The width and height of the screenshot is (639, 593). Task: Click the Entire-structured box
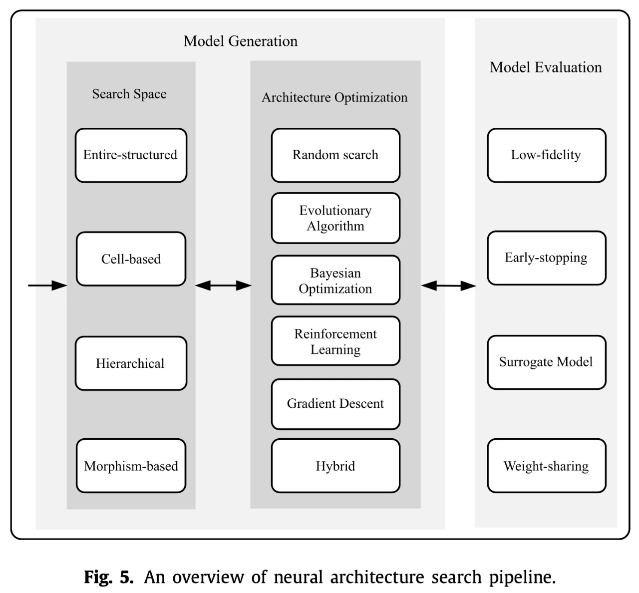click(x=131, y=155)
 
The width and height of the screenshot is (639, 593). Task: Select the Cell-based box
click(x=131, y=259)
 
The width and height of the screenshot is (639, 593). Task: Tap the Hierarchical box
click(x=131, y=363)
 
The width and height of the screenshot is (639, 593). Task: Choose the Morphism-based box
click(x=131, y=466)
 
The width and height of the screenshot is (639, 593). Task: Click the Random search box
click(x=335, y=155)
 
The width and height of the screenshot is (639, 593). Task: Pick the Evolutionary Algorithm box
click(x=335, y=218)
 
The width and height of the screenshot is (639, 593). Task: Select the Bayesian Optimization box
click(x=335, y=280)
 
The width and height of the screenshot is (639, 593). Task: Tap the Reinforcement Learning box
click(x=335, y=341)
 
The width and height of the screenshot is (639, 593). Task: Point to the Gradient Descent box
click(x=335, y=404)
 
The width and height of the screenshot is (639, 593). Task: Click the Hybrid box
click(x=335, y=466)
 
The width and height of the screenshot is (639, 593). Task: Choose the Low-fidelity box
click(x=547, y=155)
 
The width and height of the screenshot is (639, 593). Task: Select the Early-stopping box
click(x=547, y=258)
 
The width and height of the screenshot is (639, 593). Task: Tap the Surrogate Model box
click(x=547, y=362)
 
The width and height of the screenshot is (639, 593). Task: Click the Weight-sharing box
click(x=547, y=466)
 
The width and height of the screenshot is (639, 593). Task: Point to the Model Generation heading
click(x=241, y=41)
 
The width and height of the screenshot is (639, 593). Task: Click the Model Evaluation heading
click(x=546, y=67)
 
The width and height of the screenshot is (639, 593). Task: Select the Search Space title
click(x=129, y=94)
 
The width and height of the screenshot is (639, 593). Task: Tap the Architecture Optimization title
click(x=334, y=97)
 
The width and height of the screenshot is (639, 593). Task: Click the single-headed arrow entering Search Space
click(x=47, y=286)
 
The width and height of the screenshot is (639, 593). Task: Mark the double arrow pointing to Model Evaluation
click(x=448, y=286)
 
